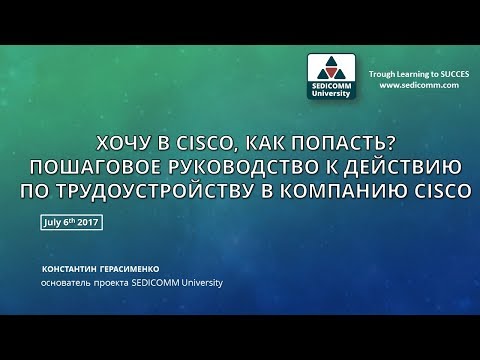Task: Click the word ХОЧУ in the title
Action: pos(113,144)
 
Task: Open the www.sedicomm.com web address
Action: pos(419,86)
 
